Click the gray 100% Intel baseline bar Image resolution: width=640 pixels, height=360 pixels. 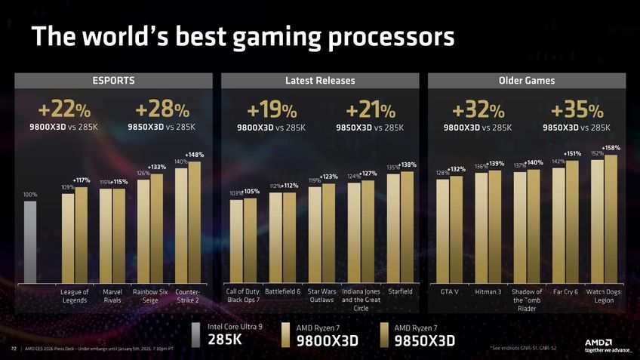pyautogui.click(x=30, y=241)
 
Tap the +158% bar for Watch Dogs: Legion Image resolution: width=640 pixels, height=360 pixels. pyautogui.click(x=611, y=218)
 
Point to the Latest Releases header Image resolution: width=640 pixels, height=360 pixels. pyautogui.click(x=320, y=81)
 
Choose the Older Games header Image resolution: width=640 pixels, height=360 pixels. pyautogui.click(x=527, y=81)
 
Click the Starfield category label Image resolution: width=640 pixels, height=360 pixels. pyautogui.click(x=399, y=291)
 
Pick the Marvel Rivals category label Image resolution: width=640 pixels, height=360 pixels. pyautogui.click(x=112, y=296)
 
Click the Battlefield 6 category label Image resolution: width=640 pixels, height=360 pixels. pyautogui.click(x=283, y=291)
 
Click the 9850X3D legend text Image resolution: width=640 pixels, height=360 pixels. pyautogui.click(x=424, y=340)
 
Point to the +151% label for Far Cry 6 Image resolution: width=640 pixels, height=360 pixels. pyautogui.click(x=571, y=154)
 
